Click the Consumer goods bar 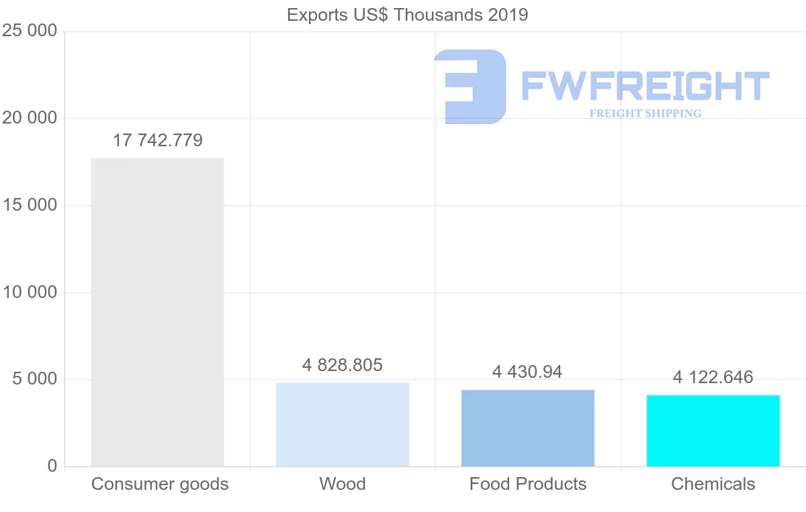point(157,312)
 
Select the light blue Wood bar point(343,424)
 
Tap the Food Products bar point(528,428)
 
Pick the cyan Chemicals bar point(713,431)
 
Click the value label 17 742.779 point(157,140)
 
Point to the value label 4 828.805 point(343,365)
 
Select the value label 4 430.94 point(527,371)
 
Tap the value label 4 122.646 point(713,377)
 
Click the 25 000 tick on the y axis point(30,31)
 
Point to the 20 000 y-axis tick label point(30,118)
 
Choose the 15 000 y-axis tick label point(30,205)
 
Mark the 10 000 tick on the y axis point(30,293)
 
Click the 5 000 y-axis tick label point(34,379)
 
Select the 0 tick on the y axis point(52,466)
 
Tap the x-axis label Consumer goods point(160,484)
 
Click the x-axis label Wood point(343,484)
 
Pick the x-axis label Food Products point(528,484)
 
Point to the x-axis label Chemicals point(713,484)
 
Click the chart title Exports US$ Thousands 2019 point(408,15)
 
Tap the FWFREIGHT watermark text point(645,86)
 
